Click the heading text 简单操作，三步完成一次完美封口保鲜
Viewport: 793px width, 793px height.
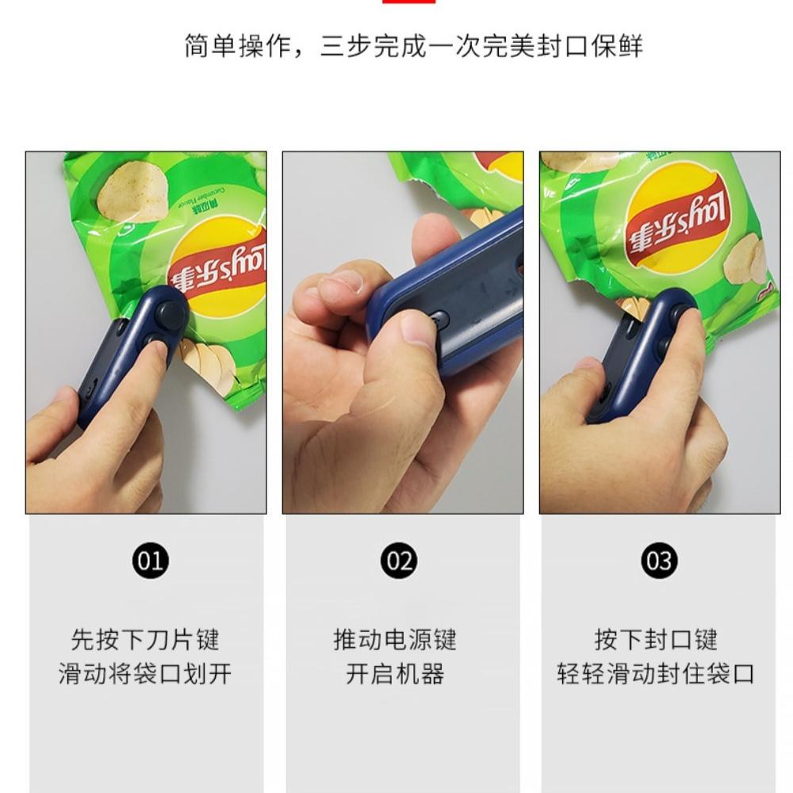pos(413,46)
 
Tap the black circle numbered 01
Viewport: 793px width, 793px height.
pos(150,561)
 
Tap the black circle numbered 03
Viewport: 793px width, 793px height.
pos(659,561)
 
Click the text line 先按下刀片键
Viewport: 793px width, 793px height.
pos(145,639)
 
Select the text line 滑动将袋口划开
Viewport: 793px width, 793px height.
pos(145,674)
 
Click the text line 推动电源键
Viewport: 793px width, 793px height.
pos(395,639)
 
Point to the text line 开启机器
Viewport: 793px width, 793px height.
pos(395,674)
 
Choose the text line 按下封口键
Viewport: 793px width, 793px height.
pos(656,639)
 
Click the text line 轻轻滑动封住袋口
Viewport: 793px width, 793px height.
pos(656,674)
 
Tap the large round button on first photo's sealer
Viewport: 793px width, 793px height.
pos(170,312)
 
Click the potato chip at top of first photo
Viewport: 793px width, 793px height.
pos(132,190)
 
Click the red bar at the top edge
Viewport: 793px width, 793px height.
pos(408,2)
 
